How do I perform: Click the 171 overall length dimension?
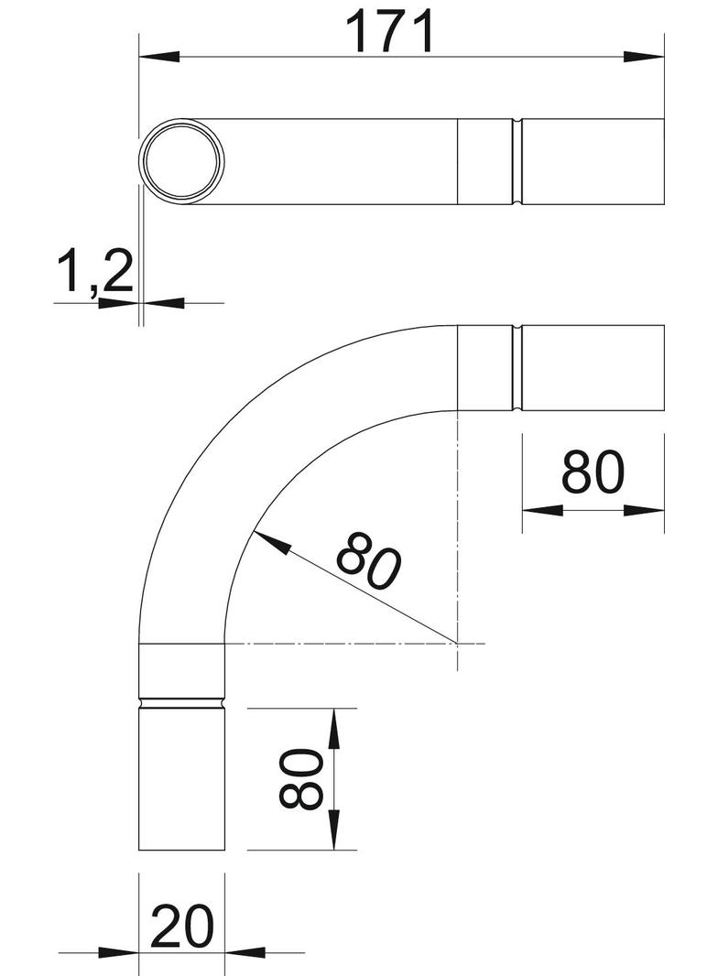pyautogui.click(x=390, y=32)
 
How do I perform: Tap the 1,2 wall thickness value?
pyautogui.click(x=94, y=273)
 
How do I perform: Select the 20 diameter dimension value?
pyautogui.click(x=182, y=927)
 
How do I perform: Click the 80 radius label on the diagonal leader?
pyautogui.click(x=369, y=560)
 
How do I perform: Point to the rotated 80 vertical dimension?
pyautogui.click(x=300, y=778)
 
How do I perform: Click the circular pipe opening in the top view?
pyautogui.click(x=181, y=160)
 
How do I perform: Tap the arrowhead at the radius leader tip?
pyautogui.click(x=271, y=542)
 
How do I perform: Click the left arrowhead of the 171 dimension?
pyautogui.click(x=159, y=57)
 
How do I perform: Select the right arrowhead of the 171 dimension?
pyautogui.click(x=643, y=57)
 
